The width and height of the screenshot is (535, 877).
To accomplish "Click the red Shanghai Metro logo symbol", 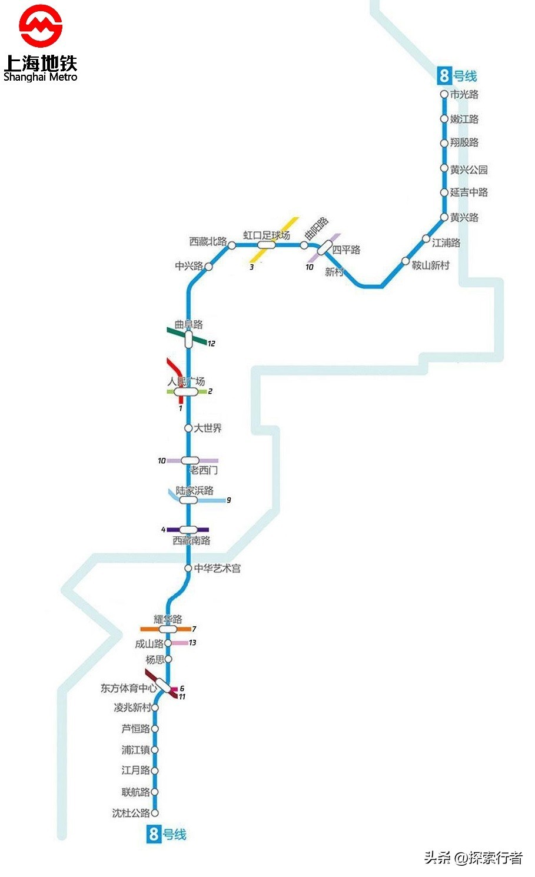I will pyautogui.click(x=40, y=26).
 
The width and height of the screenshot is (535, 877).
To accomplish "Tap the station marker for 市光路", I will pyautogui.click(x=444, y=94).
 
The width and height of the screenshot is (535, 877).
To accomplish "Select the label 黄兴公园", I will pyautogui.click(x=469, y=170).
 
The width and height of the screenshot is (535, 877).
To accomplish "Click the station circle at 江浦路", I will pyautogui.click(x=426, y=239).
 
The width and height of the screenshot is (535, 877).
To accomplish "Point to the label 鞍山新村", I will pyautogui.click(x=430, y=265).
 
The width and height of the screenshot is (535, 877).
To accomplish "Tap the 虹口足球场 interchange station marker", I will pyautogui.click(x=266, y=245).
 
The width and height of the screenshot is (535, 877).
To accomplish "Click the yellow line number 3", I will pyautogui.click(x=251, y=267).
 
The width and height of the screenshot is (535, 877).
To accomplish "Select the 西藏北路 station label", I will pyautogui.click(x=208, y=241).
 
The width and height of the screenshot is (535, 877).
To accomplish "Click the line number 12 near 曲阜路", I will pyautogui.click(x=211, y=343).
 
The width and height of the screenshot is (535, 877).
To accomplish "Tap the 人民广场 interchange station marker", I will pyautogui.click(x=186, y=391).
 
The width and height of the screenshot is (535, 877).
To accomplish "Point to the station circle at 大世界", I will pyautogui.click(x=188, y=428).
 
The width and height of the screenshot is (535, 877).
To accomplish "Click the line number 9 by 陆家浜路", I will pyautogui.click(x=228, y=500).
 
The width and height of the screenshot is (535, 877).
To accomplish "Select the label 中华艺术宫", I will pyautogui.click(x=217, y=569).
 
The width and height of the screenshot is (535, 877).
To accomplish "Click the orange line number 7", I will pyautogui.click(x=194, y=629).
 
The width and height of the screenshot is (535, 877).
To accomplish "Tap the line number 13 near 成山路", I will pyautogui.click(x=192, y=643).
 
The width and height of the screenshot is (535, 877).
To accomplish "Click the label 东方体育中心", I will pyautogui.click(x=128, y=688).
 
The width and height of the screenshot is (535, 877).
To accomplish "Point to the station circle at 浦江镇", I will pyautogui.click(x=155, y=750).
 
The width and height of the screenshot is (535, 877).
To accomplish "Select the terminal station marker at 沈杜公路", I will pyautogui.click(x=155, y=813).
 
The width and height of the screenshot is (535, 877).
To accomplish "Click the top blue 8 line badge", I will pyautogui.click(x=444, y=76).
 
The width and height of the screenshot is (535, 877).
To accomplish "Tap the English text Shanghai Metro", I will pyautogui.click(x=40, y=77).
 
